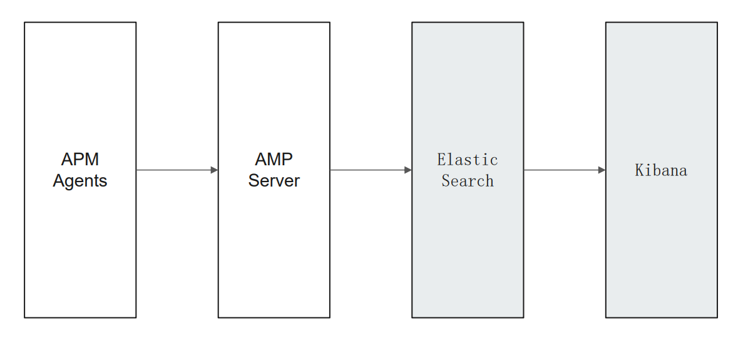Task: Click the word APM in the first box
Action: click(x=80, y=159)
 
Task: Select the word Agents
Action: click(x=80, y=181)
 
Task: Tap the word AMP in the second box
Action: click(x=274, y=159)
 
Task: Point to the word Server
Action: click(x=274, y=181)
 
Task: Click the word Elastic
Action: click(x=468, y=160)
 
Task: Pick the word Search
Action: click(x=468, y=181)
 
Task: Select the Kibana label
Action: click(x=661, y=170)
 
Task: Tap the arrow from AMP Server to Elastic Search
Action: click(x=370, y=170)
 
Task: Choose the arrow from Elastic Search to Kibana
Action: click(x=564, y=170)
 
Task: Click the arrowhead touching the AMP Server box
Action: click(x=214, y=170)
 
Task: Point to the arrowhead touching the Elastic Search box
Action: click(x=408, y=170)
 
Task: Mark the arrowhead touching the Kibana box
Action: click(x=602, y=170)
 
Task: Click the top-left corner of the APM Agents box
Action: click(x=24, y=23)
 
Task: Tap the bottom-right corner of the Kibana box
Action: click(x=717, y=317)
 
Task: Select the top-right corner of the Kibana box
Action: click(x=717, y=23)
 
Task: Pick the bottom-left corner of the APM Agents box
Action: click(x=24, y=317)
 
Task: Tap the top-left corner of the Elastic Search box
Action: click(x=412, y=23)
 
